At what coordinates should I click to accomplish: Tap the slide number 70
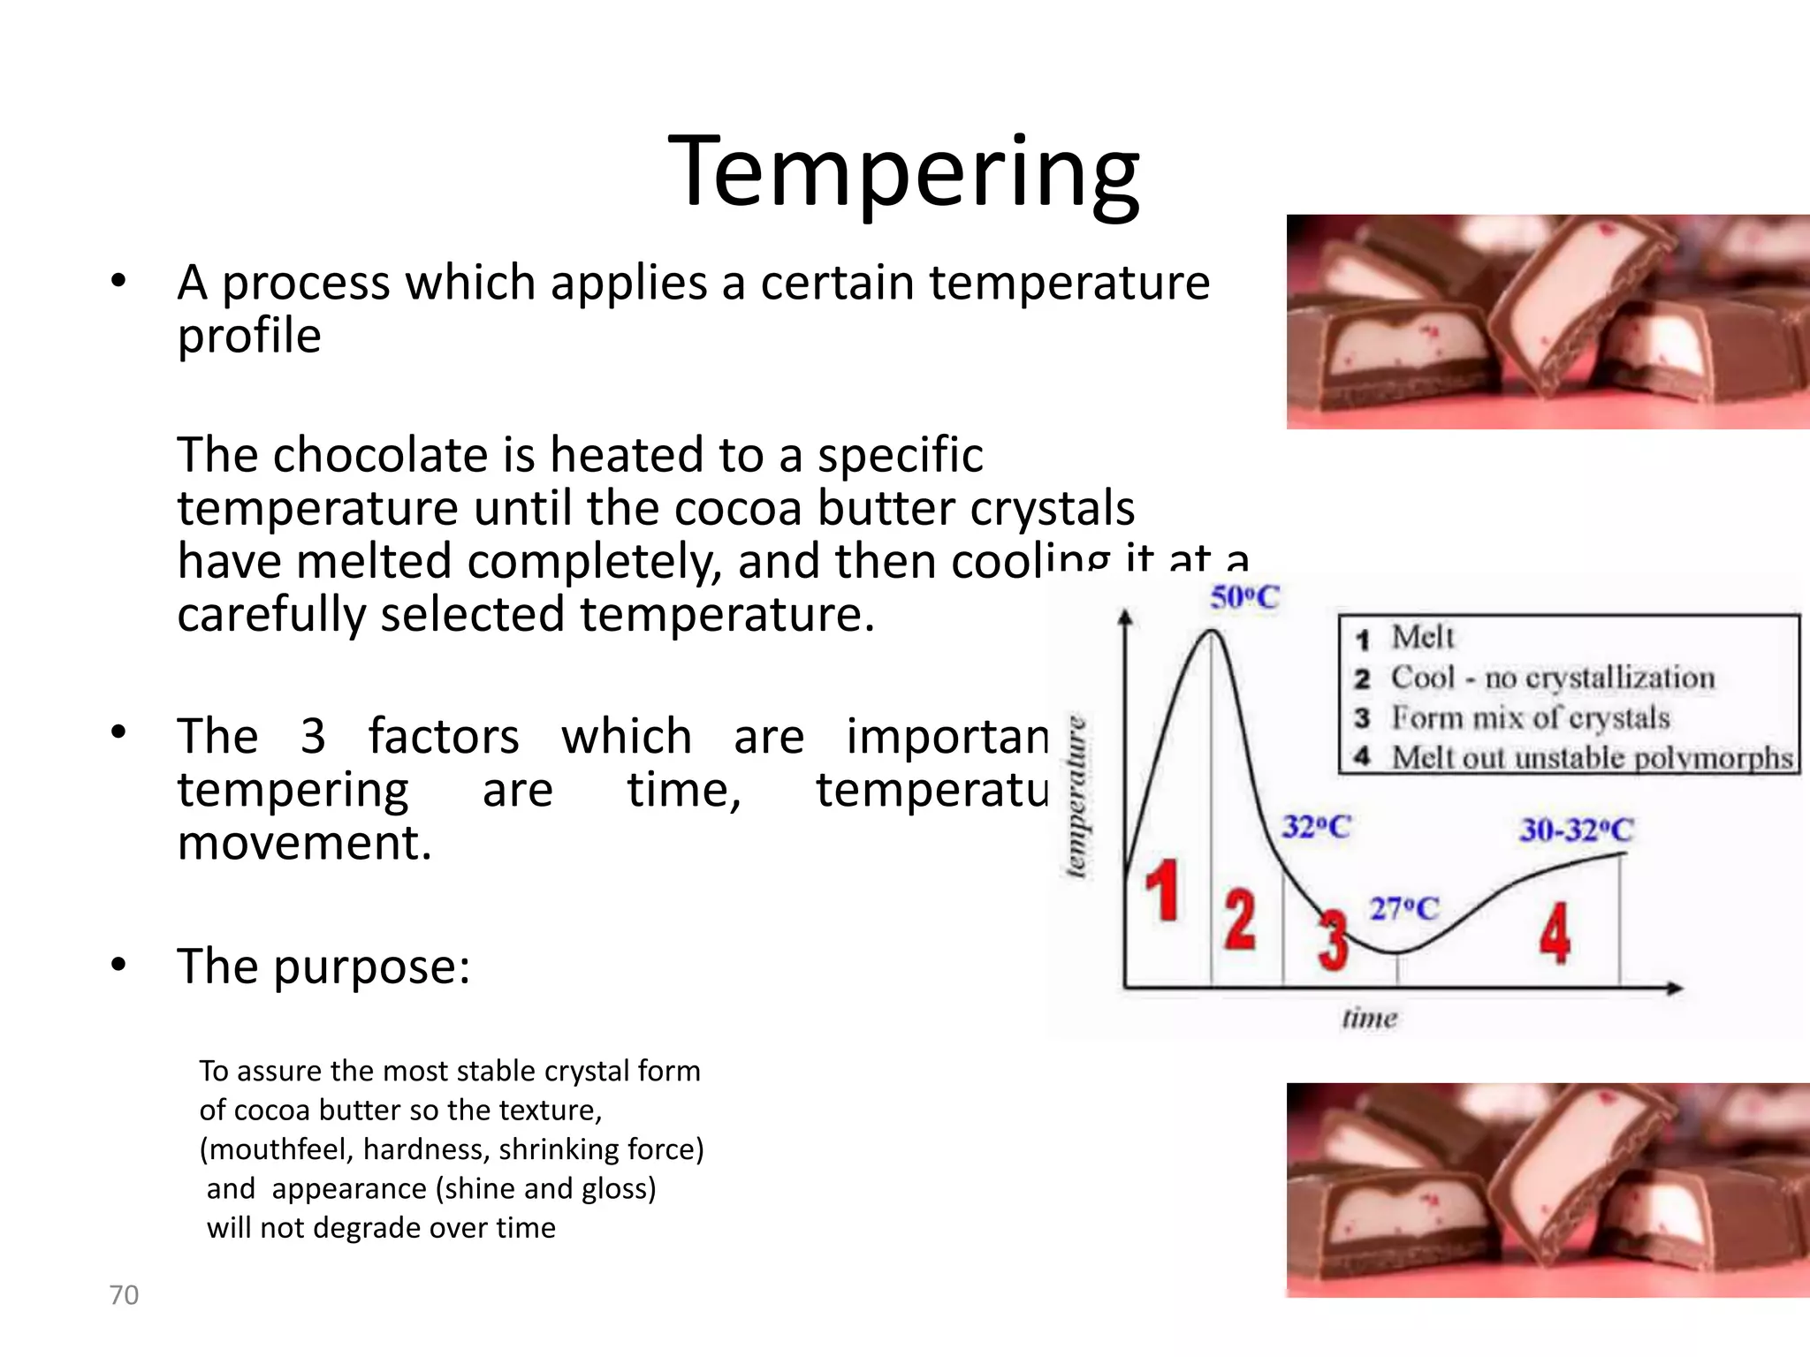(124, 1294)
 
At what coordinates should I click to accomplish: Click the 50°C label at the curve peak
(1244, 598)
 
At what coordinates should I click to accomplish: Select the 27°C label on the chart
(1403, 908)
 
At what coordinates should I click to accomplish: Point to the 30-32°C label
(1577, 830)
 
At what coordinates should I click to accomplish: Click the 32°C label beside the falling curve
(1316, 827)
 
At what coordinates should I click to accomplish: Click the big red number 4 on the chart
(1555, 932)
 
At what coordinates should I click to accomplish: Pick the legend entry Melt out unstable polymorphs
(1591, 758)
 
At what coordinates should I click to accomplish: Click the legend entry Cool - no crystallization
(1552, 678)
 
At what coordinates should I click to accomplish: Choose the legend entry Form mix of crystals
(1530, 717)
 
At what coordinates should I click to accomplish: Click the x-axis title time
(1369, 1019)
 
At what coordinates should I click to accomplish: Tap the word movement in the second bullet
(304, 842)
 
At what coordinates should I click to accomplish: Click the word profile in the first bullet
(249, 336)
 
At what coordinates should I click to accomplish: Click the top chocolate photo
(1547, 322)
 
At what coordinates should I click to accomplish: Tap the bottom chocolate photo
(1547, 1189)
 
